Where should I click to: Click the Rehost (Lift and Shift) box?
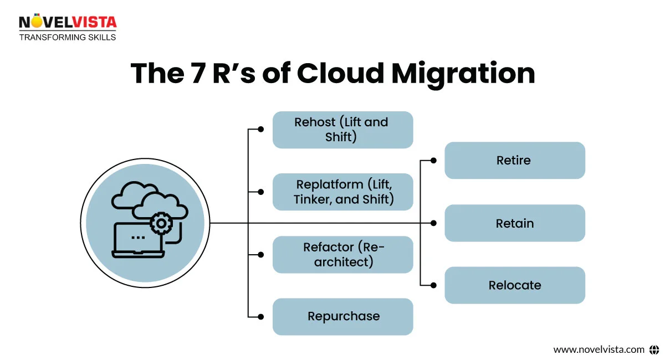tap(342, 130)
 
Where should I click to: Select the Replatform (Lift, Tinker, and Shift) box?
tap(342, 192)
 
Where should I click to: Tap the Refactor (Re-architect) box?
tap(342, 254)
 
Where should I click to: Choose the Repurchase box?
tap(342, 317)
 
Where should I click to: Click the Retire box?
tap(514, 161)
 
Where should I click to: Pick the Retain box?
tap(514, 223)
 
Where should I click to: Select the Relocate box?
tap(514, 285)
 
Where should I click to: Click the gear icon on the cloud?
tap(161, 223)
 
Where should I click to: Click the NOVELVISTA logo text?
tap(68, 22)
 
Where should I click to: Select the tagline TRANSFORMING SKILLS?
tap(68, 37)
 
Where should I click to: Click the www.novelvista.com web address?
tap(598, 349)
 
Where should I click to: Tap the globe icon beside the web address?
tap(654, 349)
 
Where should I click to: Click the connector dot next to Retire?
tap(433, 161)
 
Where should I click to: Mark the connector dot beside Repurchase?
tap(261, 317)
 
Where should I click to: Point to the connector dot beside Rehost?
tap(261, 130)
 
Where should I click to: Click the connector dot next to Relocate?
tap(433, 285)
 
